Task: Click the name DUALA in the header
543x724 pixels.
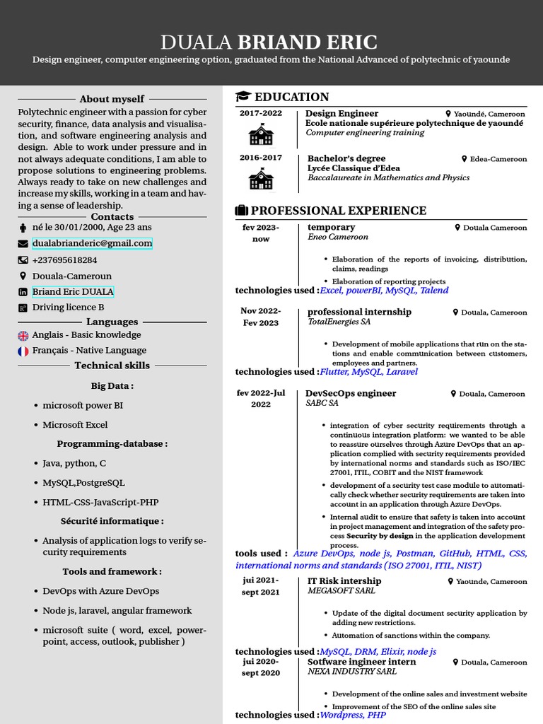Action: click(197, 42)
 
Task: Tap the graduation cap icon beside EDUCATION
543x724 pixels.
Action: click(243, 97)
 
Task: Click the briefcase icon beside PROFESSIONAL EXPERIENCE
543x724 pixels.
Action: click(241, 211)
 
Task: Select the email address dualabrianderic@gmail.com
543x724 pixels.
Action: click(92, 243)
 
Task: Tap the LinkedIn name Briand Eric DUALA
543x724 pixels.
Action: click(73, 291)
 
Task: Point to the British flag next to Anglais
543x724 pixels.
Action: click(23, 335)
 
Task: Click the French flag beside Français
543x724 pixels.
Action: click(23, 351)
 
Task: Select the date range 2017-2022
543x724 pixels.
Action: click(260, 113)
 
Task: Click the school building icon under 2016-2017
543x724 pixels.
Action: click(260, 180)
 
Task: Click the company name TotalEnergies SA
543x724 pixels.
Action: click(339, 322)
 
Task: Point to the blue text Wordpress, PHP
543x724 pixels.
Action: click(353, 715)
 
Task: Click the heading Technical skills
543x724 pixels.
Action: click(112, 366)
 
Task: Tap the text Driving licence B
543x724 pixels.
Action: click(68, 308)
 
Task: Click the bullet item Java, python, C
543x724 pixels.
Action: click(74, 464)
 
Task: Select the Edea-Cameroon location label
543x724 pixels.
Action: click(498, 159)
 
